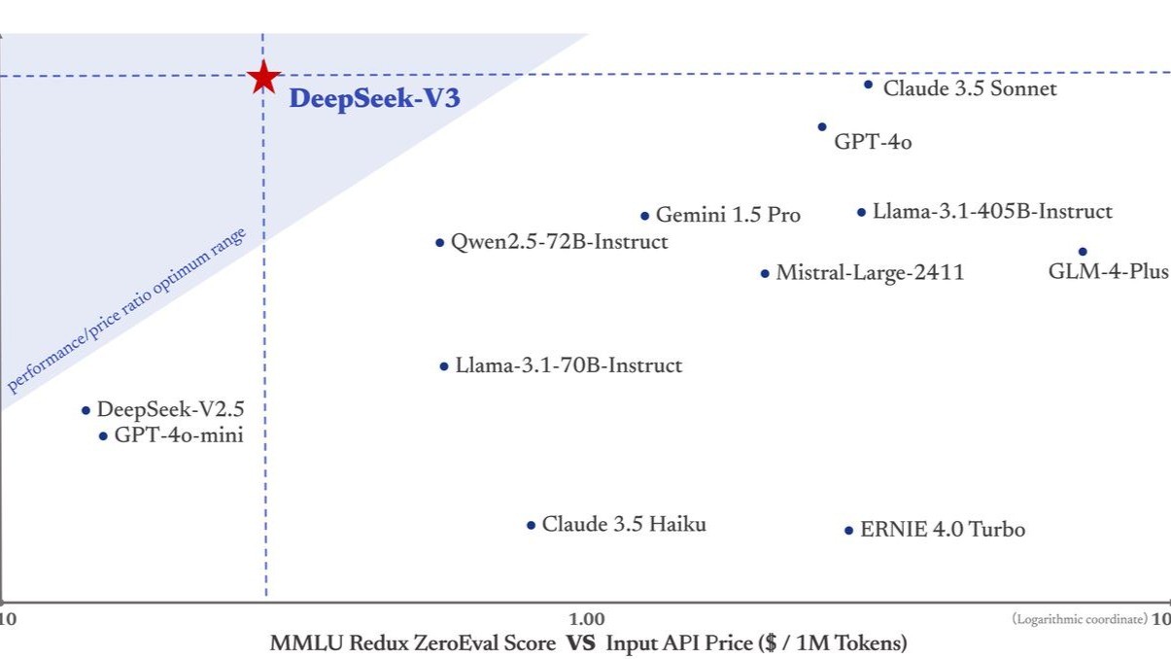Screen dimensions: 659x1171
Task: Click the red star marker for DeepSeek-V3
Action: click(x=262, y=77)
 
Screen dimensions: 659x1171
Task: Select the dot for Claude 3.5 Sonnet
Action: click(x=868, y=85)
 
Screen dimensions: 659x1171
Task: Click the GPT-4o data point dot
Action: click(x=822, y=126)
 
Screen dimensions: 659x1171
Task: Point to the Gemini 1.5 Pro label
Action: click(x=728, y=215)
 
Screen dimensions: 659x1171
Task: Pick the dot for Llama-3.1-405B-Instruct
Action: click(x=861, y=212)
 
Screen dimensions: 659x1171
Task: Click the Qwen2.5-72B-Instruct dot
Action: click(x=439, y=242)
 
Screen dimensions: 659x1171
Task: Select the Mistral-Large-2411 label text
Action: click(x=870, y=273)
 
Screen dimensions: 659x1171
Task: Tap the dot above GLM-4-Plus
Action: click(x=1083, y=252)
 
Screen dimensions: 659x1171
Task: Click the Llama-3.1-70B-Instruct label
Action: click(x=568, y=366)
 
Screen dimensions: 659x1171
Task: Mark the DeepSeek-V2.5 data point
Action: click(x=86, y=410)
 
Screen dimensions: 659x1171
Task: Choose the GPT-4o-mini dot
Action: click(x=103, y=435)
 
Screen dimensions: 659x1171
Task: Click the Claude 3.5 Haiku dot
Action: click(x=531, y=525)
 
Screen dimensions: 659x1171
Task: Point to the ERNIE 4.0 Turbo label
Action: click(x=942, y=530)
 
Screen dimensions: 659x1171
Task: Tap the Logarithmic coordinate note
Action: click(x=1079, y=619)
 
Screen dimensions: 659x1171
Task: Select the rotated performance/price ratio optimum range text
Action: click(x=126, y=311)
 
